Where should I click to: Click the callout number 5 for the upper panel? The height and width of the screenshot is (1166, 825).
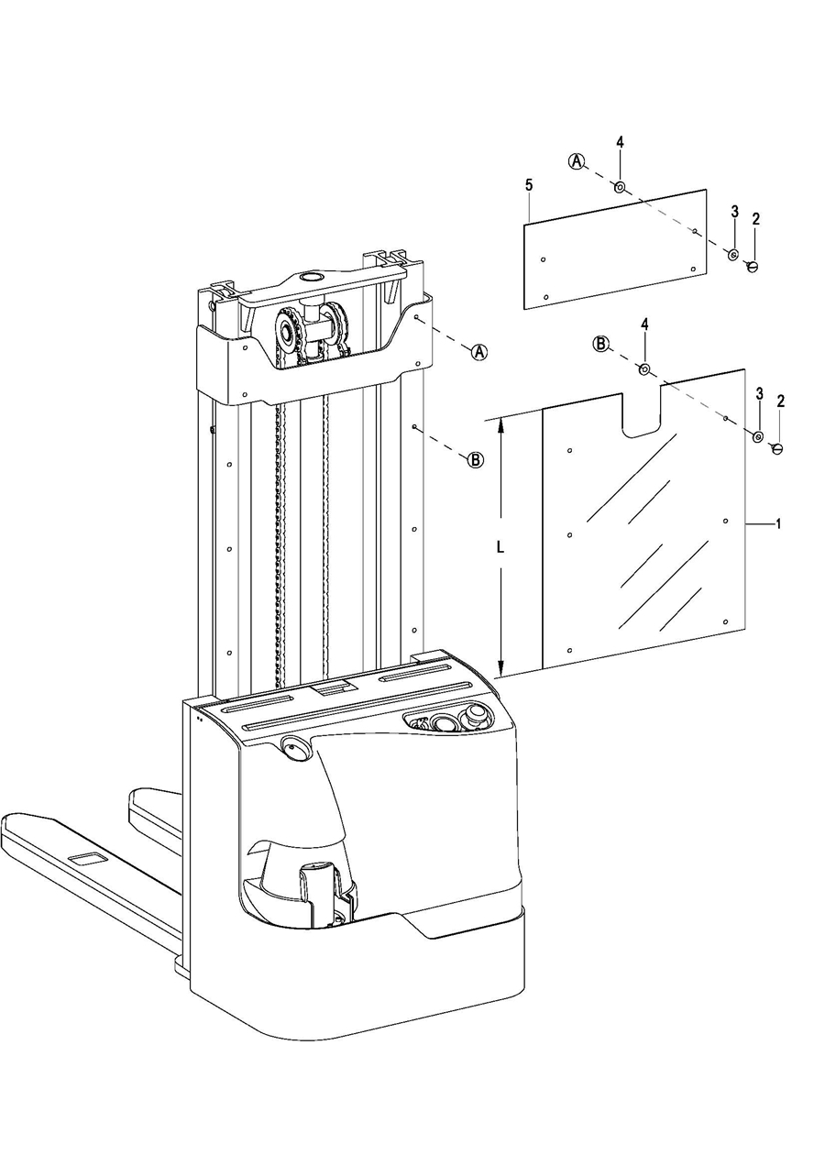529,186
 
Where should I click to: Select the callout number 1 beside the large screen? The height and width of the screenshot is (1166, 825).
778,524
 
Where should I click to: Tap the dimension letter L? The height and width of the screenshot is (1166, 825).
500,547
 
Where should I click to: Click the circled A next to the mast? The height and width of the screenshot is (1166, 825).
479,352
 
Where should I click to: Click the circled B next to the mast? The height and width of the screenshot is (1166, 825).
476,460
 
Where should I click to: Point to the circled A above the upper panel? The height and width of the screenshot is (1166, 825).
576,161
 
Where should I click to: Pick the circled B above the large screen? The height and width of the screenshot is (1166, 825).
601,344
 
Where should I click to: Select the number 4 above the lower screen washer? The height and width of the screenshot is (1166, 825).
644,325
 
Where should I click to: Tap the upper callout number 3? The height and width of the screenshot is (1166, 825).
734,211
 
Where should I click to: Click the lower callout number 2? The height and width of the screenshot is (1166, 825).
780,401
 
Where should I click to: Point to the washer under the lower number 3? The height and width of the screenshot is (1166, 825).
758,435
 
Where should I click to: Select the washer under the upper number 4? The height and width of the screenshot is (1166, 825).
620,187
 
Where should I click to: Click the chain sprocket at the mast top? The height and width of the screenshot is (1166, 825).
291,335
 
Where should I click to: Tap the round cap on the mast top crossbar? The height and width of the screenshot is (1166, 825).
311,277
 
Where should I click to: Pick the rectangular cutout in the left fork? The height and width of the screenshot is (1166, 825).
87,859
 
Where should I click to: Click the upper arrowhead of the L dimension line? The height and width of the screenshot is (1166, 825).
501,424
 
